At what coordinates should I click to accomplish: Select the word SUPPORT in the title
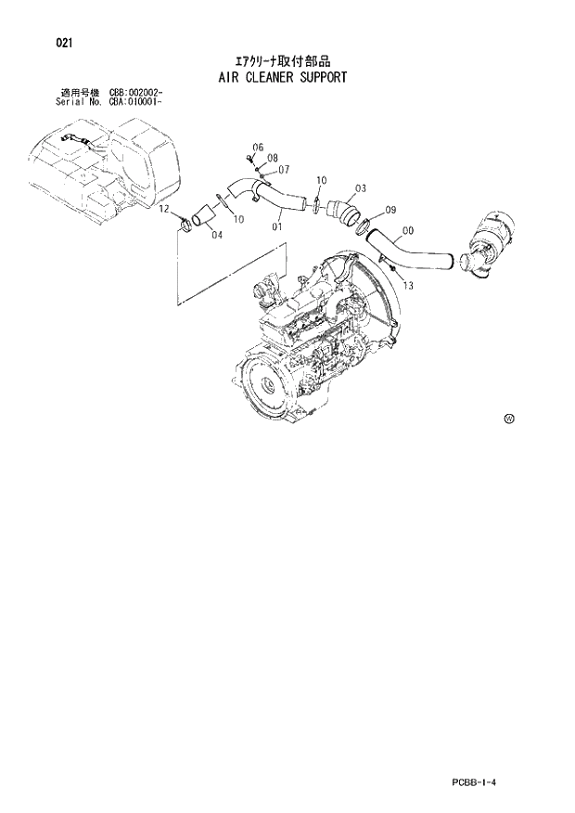click(322, 77)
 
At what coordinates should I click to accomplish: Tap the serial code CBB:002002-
click(136, 93)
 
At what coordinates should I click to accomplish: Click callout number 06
click(258, 148)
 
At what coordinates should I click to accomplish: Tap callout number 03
click(361, 188)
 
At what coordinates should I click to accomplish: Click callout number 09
click(390, 210)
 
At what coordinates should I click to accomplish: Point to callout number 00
click(408, 232)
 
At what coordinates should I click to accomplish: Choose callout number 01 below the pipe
click(277, 226)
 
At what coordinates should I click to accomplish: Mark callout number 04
click(216, 235)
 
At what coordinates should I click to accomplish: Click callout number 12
click(163, 210)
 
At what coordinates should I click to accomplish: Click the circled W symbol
click(508, 419)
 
